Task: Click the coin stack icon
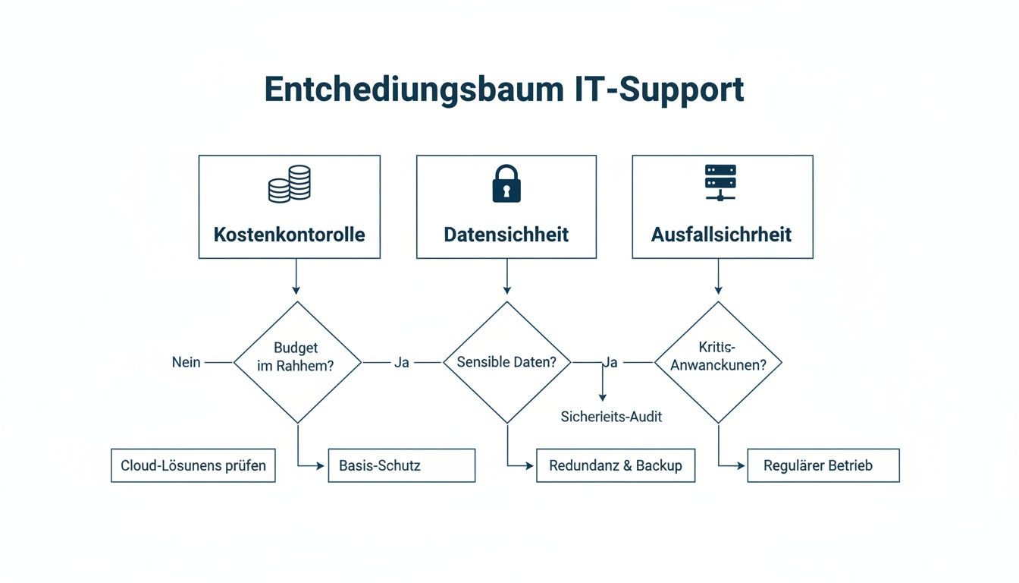[290, 184]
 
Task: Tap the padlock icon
[506, 184]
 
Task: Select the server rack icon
[720, 183]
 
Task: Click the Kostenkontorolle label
[290, 235]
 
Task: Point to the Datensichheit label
[506, 235]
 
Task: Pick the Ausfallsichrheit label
[721, 235]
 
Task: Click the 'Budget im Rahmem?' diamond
[297, 362]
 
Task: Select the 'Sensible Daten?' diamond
[506, 362]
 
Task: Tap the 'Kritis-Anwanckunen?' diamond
[717, 362]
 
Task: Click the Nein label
[187, 362]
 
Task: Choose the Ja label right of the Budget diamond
[402, 362]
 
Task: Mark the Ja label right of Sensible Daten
[610, 362]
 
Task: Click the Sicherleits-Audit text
[611, 417]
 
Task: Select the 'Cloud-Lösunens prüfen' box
[193, 465]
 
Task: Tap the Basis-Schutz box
[401, 465]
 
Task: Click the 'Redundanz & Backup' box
[616, 465]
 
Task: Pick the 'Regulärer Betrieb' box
[823, 465]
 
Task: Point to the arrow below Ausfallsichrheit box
[718, 277]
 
